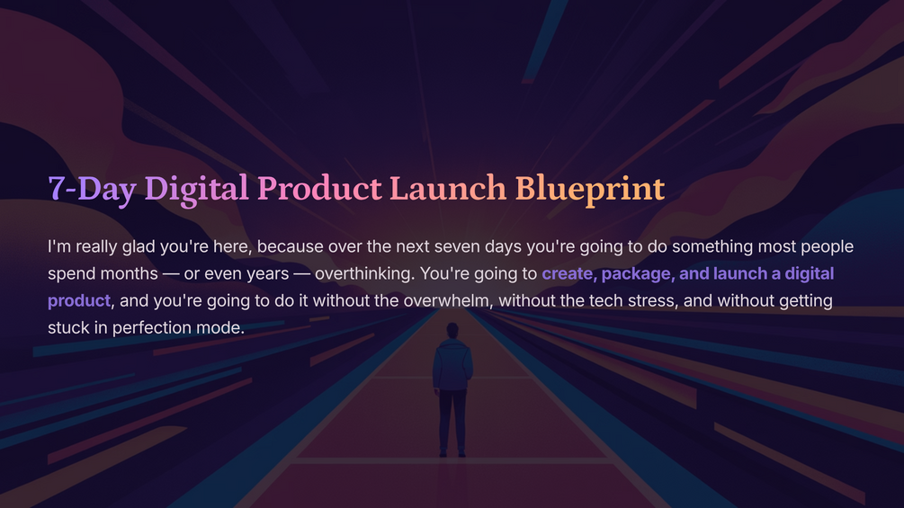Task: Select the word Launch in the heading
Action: [x=448, y=188]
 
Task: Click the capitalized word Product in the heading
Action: [x=319, y=188]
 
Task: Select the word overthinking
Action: [x=364, y=274]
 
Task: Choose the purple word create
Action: [x=568, y=273]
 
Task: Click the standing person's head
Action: [x=452, y=331]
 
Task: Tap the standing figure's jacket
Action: [x=452, y=365]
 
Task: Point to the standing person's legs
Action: [x=452, y=423]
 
